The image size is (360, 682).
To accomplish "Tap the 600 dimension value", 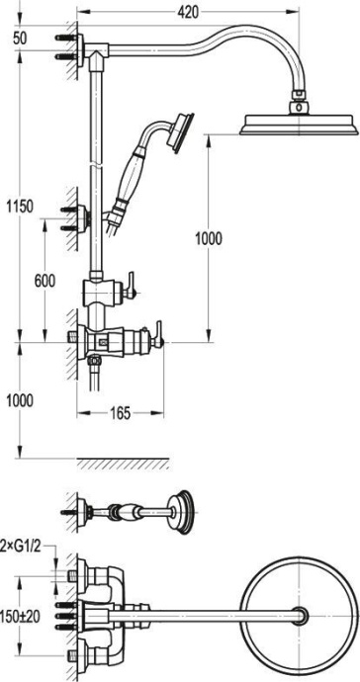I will tap(45, 281).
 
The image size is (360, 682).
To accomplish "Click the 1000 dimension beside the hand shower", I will tap(209, 238).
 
